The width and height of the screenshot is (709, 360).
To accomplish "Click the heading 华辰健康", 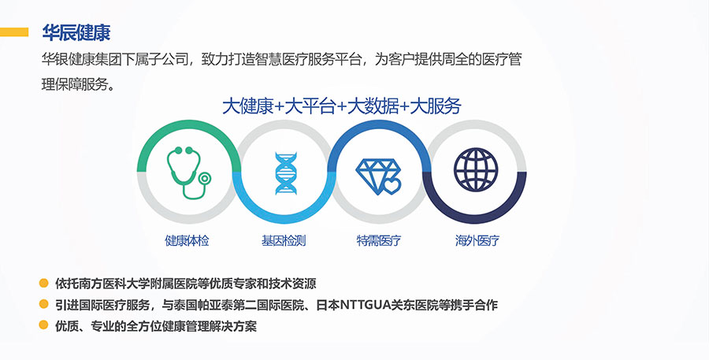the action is click(76, 32).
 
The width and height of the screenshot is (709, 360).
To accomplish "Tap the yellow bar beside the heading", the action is click(14, 32).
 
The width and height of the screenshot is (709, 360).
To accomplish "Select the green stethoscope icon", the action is click(188, 173).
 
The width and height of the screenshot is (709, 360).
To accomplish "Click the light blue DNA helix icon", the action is click(286, 173).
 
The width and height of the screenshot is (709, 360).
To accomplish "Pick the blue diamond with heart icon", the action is click(378, 176).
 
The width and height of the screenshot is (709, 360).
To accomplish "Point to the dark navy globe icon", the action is click(476, 169).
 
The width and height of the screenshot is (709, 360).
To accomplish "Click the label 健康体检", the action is click(187, 240).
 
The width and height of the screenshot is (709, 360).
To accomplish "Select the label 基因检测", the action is click(284, 240).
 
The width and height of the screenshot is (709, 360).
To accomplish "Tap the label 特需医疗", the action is click(379, 240).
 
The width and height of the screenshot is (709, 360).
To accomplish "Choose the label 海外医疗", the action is click(477, 240).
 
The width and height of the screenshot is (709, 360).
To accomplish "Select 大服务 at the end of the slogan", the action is click(436, 106).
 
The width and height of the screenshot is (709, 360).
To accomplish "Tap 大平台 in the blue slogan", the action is click(310, 106).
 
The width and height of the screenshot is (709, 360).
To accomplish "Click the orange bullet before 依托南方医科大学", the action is click(43, 283).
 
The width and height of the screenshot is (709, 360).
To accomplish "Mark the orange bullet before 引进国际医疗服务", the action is click(43, 304).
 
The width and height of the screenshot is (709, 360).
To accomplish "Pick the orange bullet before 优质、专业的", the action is click(43, 325).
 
